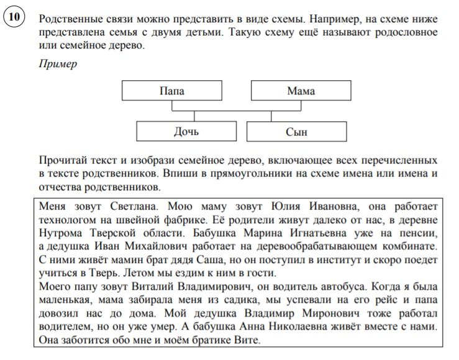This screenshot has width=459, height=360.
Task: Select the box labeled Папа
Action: [x=172, y=91]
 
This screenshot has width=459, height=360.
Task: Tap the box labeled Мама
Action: [x=301, y=91]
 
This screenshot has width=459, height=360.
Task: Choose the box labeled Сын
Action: [x=296, y=132]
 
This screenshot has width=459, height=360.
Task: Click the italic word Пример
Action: [x=57, y=64]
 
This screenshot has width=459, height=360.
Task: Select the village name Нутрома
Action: [x=63, y=233]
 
